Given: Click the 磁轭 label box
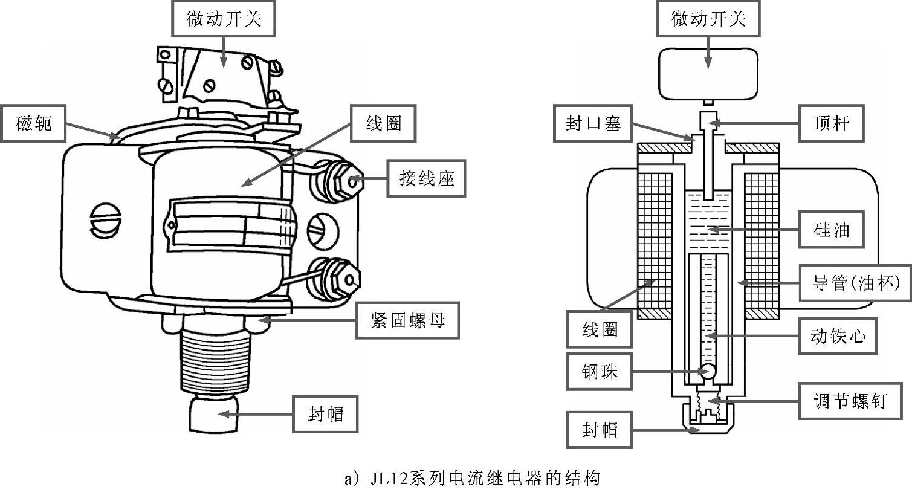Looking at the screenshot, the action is [33, 124].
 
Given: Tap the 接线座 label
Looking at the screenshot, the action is [426, 178].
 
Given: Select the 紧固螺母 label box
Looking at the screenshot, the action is [407, 320].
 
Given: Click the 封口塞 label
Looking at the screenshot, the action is [593, 123].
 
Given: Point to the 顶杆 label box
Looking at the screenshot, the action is [832, 123].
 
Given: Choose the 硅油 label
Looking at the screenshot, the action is [832, 230].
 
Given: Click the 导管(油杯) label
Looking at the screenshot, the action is [855, 283].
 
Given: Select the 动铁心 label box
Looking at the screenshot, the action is [838, 336].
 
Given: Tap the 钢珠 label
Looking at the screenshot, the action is [600, 372].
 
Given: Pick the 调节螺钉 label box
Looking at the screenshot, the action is [850, 401].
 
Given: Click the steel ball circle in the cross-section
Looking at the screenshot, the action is [708, 371].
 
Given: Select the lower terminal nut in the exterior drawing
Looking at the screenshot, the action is [334, 280].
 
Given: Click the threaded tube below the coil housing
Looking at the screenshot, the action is [216, 361].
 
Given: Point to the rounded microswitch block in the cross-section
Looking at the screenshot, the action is [708, 74].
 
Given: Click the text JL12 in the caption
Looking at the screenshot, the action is [389, 478].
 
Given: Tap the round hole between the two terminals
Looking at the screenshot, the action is [323, 231].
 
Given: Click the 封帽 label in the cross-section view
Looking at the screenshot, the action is [600, 430].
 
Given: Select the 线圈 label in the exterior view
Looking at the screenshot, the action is [383, 123].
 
